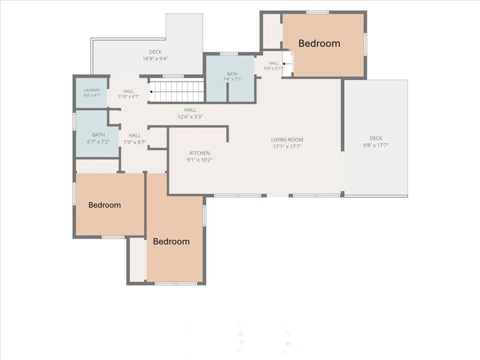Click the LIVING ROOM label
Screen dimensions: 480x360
pos(287,140)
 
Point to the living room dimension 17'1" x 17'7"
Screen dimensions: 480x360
pos(287,146)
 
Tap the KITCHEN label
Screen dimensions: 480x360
pos(200,153)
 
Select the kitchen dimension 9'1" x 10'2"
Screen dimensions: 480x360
pos(200,160)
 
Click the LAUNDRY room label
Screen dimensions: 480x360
pos(92,90)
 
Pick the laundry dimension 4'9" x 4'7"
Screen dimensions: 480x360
pos(92,95)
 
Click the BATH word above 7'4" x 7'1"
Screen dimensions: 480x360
pos(232,74)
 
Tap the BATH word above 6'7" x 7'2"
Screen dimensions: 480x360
pos(98,135)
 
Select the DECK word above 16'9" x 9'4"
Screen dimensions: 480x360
pos(155,52)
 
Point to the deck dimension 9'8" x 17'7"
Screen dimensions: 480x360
pos(375,145)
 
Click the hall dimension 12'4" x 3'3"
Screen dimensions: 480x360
pos(190,117)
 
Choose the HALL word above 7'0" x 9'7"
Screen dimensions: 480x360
pos(135,135)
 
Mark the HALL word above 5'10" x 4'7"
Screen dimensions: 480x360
pos(128,91)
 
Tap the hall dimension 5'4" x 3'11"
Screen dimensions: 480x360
pos(273,68)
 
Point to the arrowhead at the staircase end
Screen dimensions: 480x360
pos(151,91)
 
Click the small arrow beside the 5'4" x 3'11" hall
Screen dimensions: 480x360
pos(287,64)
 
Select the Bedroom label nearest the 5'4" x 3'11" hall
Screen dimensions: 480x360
pos(319,44)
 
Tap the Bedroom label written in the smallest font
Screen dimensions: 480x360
pos(105,205)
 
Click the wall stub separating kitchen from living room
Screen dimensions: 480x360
pos(227,134)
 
